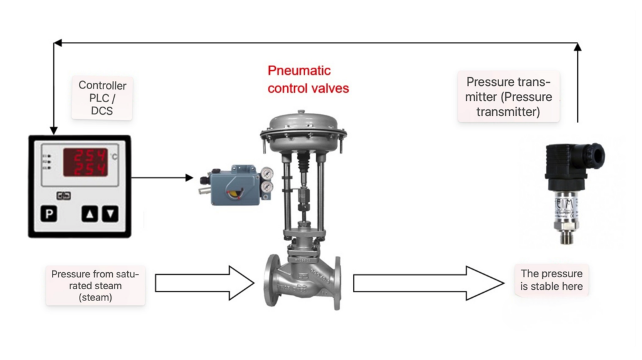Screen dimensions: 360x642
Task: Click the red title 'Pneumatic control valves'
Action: (x=308, y=79)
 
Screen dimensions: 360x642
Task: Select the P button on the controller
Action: (x=49, y=214)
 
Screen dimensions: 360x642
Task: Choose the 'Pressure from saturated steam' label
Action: (x=95, y=285)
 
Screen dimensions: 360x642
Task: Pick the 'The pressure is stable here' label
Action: (x=551, y=280)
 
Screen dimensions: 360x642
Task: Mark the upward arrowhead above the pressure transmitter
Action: (x=577, y=46)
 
